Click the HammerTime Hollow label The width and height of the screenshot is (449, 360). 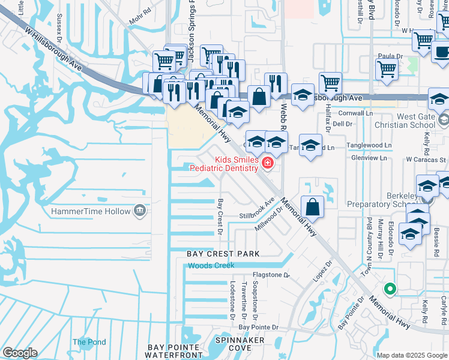91,211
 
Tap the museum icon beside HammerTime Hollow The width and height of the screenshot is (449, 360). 139,211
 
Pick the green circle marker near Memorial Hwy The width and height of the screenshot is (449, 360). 390,289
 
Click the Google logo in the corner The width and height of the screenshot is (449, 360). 20,353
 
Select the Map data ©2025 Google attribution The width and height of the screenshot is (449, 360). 411,355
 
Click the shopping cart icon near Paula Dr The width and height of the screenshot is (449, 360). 387,69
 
